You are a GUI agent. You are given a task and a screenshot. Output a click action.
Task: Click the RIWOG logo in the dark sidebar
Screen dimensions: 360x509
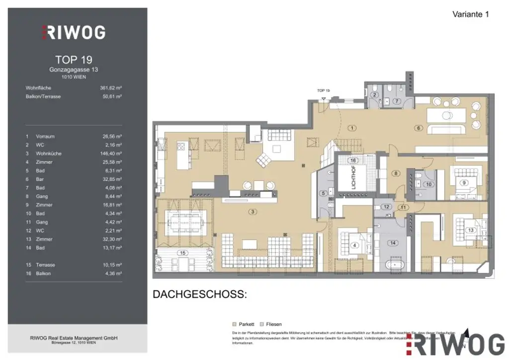[x=73, y=33]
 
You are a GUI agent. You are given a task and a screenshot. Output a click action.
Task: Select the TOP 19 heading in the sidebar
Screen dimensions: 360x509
[x=74, y=60]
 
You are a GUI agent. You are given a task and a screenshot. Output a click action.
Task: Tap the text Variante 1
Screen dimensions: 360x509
[x=470, y=14]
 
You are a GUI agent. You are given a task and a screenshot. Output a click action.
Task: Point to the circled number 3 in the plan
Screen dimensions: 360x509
[x=253, y=212]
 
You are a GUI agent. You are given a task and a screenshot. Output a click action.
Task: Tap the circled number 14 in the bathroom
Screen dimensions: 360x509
[x=393, y=243]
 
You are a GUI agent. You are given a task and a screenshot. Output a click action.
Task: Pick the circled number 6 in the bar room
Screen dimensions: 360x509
[x=418, y=128]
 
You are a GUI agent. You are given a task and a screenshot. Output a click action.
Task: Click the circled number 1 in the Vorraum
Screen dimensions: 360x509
[x=352, y=128]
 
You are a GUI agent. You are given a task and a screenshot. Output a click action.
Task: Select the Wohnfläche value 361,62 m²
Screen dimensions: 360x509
[x=111, y=88]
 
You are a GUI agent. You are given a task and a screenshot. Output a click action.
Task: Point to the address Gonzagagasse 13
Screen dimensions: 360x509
[x=74, y=70]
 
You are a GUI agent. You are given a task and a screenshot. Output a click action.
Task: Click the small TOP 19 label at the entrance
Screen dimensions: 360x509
[x=324, y=90]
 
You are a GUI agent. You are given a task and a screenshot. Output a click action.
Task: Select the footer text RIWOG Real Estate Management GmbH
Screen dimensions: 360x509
[x=74, y=338]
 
